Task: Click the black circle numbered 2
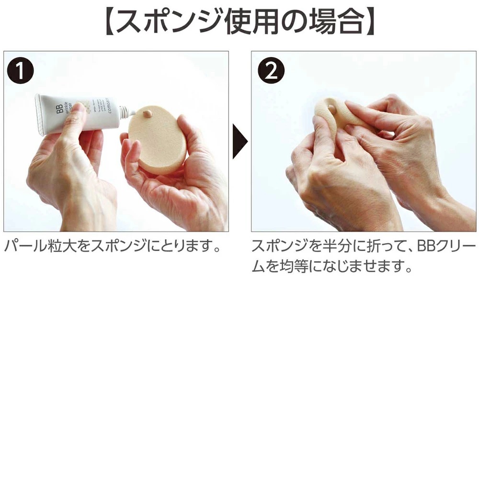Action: pos(271,72)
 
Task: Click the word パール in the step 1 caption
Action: pos(22,247)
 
